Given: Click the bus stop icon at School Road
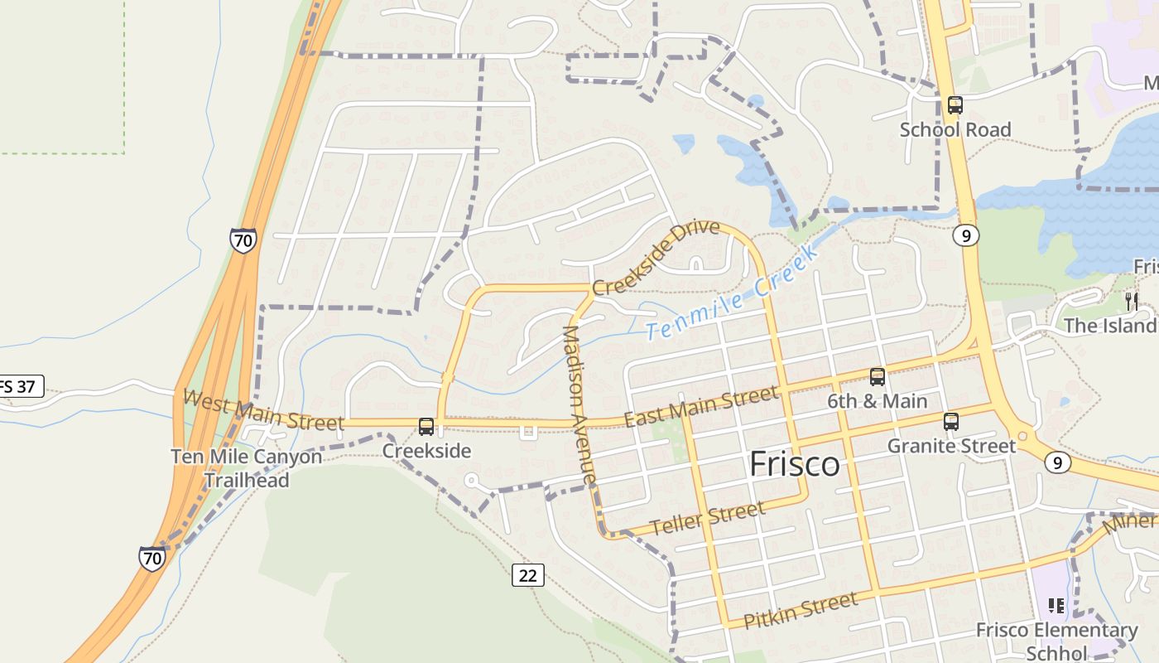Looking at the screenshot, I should coord(955,105).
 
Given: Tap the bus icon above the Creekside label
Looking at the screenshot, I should coord(426,427).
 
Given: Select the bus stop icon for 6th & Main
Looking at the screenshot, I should coord(878,377).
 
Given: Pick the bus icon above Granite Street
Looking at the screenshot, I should coord(951,422).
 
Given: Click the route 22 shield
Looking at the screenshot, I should coord(528,574).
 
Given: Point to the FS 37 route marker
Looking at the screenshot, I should coord(18,386).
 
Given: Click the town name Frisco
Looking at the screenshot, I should coord(794,464).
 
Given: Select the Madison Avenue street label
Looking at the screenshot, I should coord(579,405).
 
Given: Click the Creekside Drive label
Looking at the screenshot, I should coord(656,257).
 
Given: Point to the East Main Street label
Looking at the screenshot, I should coord(700,407).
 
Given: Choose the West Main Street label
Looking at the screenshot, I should coord(262,410).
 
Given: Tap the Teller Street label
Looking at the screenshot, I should coord(707,519).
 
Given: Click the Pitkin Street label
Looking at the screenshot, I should coord(800,611).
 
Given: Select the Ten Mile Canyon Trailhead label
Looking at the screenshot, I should coord(247,468).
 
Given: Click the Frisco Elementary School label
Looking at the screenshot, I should coord(1056,641).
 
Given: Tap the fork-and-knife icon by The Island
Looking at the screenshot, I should coord(1132,301).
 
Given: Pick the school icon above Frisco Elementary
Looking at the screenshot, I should coord(1056,606).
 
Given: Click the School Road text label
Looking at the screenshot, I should coord(955,130).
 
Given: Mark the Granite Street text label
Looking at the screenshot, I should coord(951,446).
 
